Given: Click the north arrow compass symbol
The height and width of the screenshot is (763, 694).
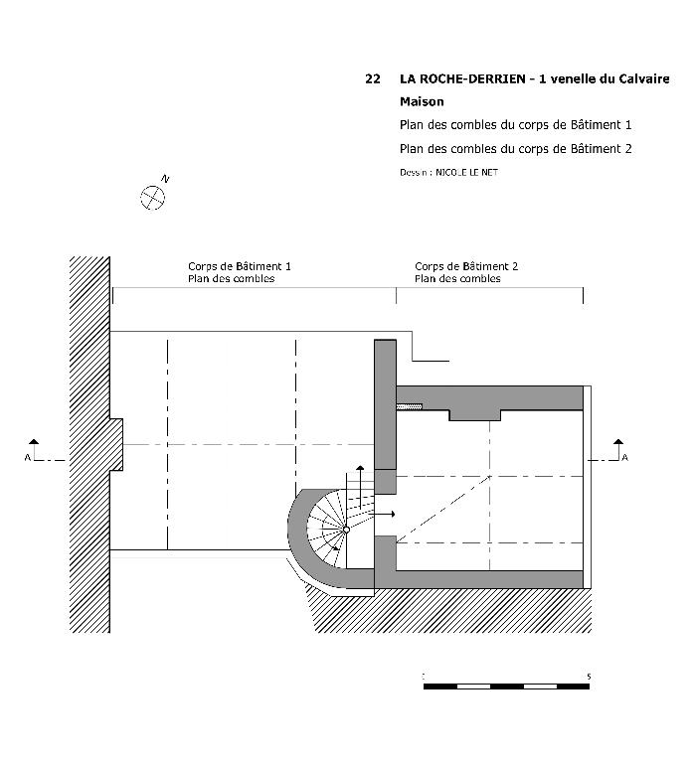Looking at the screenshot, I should [152, 197].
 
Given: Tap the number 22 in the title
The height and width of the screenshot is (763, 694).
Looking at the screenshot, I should [373, 77].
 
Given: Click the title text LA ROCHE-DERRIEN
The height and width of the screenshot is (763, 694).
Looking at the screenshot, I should [461, 77].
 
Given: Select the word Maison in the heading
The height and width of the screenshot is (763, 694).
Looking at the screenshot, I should [422, 101].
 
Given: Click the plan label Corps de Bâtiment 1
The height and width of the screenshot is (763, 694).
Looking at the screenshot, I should [240, 266].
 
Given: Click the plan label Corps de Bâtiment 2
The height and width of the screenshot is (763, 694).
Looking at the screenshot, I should [466, 266].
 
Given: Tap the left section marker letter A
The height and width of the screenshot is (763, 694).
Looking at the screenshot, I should [27, 457].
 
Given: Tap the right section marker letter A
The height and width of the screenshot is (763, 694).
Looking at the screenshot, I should [624, 457].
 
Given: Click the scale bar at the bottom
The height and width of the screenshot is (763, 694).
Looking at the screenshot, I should [506, 687].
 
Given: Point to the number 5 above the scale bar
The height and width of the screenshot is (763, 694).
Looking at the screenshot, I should [589, 677].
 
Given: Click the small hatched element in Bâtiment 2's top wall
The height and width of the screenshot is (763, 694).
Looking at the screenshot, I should [409, 405].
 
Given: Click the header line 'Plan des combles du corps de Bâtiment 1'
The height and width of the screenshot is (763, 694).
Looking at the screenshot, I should [515, 125].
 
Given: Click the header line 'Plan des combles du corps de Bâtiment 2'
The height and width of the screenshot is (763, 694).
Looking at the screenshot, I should [515, 149].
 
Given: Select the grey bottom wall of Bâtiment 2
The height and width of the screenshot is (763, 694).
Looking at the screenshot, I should [487, 579].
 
